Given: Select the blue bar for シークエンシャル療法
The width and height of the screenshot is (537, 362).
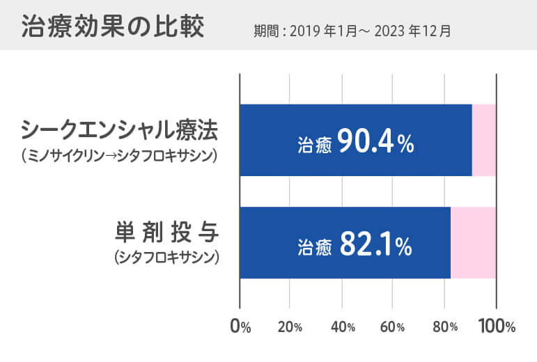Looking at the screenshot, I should (355, 140).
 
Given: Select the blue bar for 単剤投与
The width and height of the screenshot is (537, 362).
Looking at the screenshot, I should (345, 243).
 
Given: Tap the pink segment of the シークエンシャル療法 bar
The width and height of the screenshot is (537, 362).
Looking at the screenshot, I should (484, 140).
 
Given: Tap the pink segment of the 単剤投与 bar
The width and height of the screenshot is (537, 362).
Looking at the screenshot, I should (473, 243).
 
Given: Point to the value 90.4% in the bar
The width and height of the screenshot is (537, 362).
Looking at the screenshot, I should (376, 143).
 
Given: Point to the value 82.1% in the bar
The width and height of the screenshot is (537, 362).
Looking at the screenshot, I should (376, 245).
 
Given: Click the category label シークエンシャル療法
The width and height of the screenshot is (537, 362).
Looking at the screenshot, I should (119, 129).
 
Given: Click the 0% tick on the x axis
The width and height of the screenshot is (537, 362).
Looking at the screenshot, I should (240, 326).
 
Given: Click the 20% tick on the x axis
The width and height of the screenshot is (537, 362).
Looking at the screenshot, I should (289, 326).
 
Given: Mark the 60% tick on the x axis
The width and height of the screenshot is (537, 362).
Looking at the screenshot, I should (392, 326).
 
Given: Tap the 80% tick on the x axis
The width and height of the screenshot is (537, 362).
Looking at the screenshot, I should (444, 326).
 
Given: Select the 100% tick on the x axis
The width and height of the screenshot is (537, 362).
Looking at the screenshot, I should (496, 326).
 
